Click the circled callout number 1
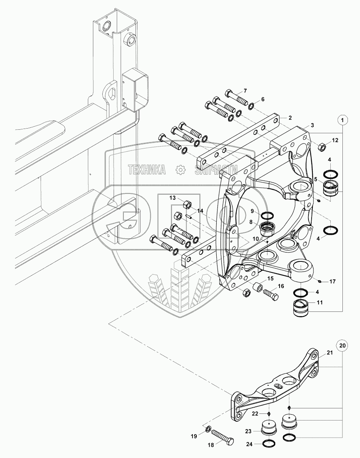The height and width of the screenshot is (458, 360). [x=343, y=120]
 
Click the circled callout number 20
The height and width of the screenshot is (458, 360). [x=342, y=345]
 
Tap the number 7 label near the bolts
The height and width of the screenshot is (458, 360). [x=245, y=91]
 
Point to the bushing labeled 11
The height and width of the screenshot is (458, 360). [x=301, y=307]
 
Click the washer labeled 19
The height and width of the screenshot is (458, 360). [x=209, y=429]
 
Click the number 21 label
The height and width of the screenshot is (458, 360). [x=330, y=352]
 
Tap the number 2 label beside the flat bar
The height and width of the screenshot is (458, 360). [x=290, y=118]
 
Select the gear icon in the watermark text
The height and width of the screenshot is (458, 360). [x=180, y=170]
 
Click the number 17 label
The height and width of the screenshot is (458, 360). [x=332, y=282]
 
